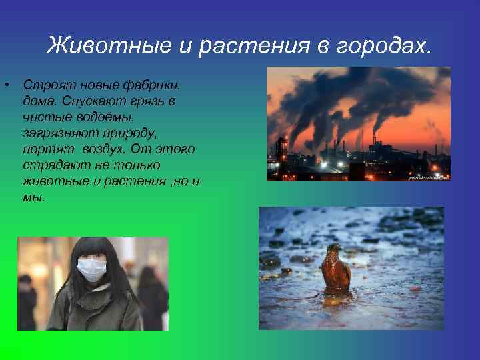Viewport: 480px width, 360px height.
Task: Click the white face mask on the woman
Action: coord(91,270)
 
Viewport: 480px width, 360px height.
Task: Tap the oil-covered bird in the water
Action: coord(335,270)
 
